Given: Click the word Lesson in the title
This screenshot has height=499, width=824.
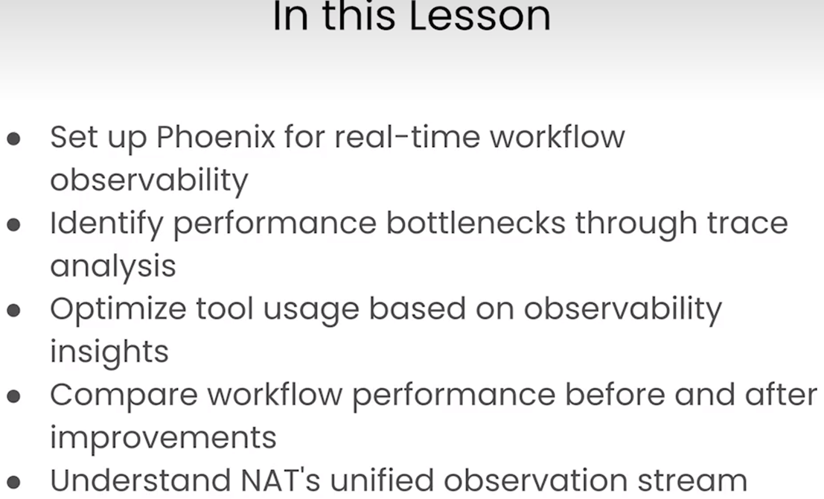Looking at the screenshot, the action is [x=480, y=17].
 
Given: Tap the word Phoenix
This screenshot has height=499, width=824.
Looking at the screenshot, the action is [x=215, y=137].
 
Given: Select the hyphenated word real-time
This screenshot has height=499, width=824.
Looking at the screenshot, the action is [x=407, y=137].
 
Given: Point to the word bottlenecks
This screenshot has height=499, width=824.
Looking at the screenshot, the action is [x=476, y=223].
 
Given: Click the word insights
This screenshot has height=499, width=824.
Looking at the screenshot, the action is [x=109, y=352].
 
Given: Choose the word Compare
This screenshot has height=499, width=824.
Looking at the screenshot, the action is [x=124, y=396].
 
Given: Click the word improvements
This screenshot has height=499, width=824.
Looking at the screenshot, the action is [x=163, y=438].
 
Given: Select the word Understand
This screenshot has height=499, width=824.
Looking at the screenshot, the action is [x=141, y=480].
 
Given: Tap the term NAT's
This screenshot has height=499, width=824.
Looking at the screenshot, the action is [x=280, y=480].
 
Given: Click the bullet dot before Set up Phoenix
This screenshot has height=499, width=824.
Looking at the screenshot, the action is [x=13, y=139].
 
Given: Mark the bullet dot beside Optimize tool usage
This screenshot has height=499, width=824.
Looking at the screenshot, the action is [x=13, y=311].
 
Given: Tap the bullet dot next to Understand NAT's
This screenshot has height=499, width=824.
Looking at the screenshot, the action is [x=13, y=482].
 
